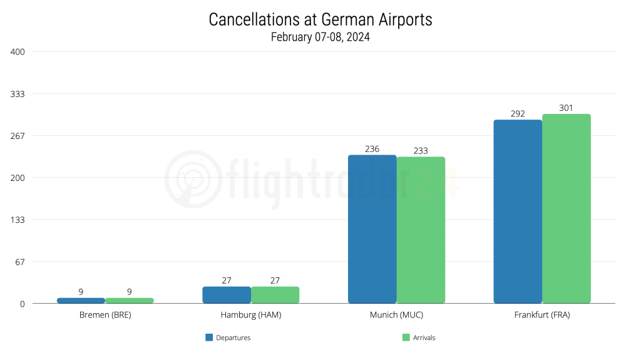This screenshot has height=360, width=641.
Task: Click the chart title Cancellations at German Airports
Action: tap(320, 19)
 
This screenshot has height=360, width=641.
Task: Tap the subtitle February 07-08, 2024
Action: tap(320, 37)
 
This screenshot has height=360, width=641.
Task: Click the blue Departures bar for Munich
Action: tap(372, 229)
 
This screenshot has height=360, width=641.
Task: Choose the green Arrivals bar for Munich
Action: tap(421, 230)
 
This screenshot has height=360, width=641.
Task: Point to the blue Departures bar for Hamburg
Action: tap(227, 295)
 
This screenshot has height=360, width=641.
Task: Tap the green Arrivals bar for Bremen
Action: tap(130, 301)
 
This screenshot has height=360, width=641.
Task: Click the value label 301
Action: tap(566, 108)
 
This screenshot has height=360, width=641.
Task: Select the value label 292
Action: tap(518, 114)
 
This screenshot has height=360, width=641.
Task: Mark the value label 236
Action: tap(372, 149)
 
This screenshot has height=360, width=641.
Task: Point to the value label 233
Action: tap(421, 151)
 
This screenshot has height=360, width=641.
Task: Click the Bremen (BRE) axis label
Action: tap(105, 315)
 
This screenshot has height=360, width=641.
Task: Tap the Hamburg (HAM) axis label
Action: tap(251, 315)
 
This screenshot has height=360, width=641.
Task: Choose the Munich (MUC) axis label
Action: tap(396, 315)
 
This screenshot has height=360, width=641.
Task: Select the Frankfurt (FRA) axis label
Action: tap(542, 315)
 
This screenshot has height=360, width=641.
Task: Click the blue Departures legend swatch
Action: tap(210, 337)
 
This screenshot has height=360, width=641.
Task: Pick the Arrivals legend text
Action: tap(424, 337)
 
